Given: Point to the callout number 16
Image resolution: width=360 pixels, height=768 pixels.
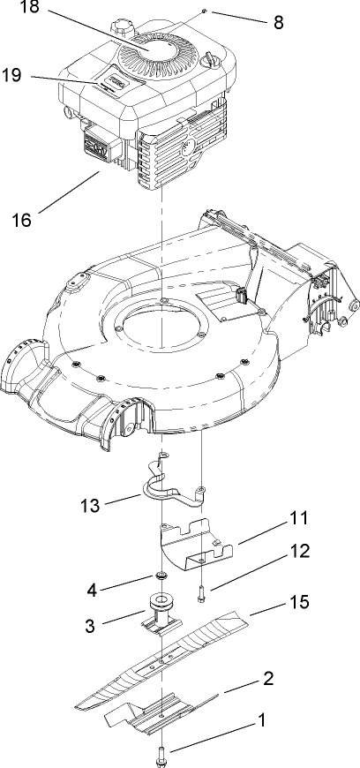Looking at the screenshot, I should pos(26,218).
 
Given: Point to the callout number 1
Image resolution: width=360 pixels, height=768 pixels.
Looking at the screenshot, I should pos(259,721).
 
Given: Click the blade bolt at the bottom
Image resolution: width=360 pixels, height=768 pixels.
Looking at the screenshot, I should pos(164,752).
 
